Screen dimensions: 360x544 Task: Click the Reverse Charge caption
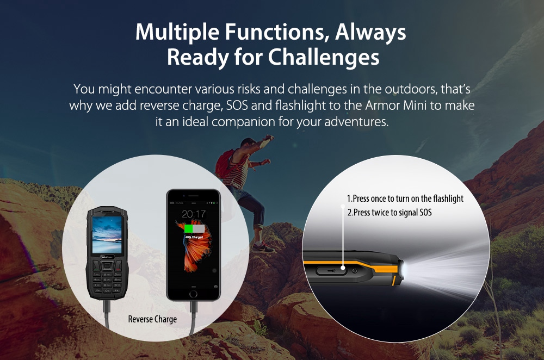pyautogui.click(x=152, y=319)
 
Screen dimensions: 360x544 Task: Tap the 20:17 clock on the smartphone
pyautogui.click(x=194, y=214)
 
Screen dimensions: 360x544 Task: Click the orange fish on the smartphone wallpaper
pyautogui.click(x=194, y=256)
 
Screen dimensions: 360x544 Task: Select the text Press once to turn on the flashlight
pyautogui.click(x=405, y=199)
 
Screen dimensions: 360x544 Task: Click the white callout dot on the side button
pyautogui.click(x=343, y=268)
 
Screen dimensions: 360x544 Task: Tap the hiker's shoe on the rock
pyautogui.click(x=263, y=247)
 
